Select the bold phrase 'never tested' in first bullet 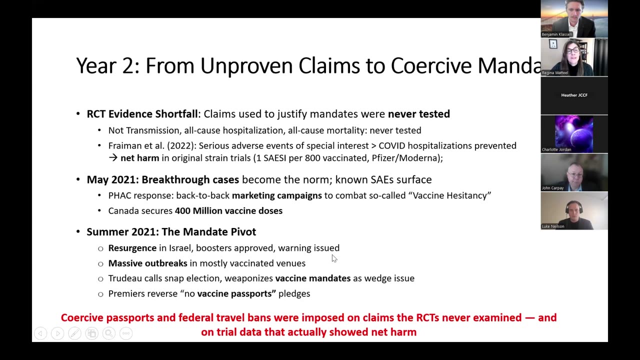coord(419,114)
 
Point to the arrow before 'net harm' coord(113,158)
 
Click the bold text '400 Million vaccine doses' coord(228,210)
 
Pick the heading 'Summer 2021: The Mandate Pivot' coord(171,231)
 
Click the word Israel coord(180,248)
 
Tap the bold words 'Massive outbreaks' coord(147,263)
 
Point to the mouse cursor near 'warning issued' coord(334,258)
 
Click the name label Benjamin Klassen coord(556,34)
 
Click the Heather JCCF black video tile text coord(574,95)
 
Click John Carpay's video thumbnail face coord(573,172)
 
